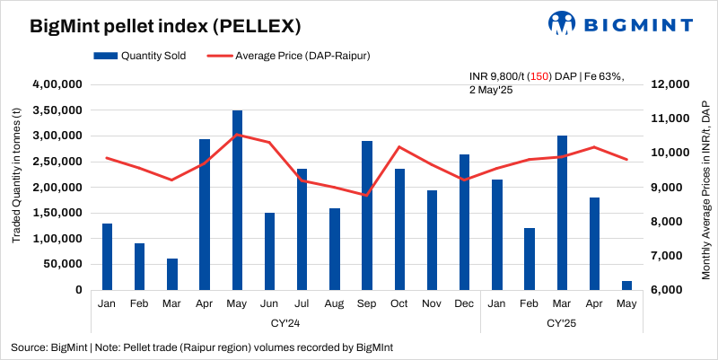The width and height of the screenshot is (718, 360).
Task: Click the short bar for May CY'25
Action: tap(626, 285)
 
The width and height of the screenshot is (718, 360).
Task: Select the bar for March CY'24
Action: tap(172, 274)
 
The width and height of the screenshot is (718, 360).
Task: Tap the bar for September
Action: tap(367, 215)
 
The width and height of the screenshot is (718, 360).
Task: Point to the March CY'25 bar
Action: tap(562, 213)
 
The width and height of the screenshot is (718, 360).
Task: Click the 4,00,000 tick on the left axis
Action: tap(57, 84)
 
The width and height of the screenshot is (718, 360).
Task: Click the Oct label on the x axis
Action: tap(399, 304)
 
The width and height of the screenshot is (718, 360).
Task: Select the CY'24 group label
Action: tap(285, 322)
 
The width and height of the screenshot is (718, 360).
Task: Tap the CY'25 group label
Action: tap(561, 322)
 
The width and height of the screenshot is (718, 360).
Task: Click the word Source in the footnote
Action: tap(28, 347)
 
